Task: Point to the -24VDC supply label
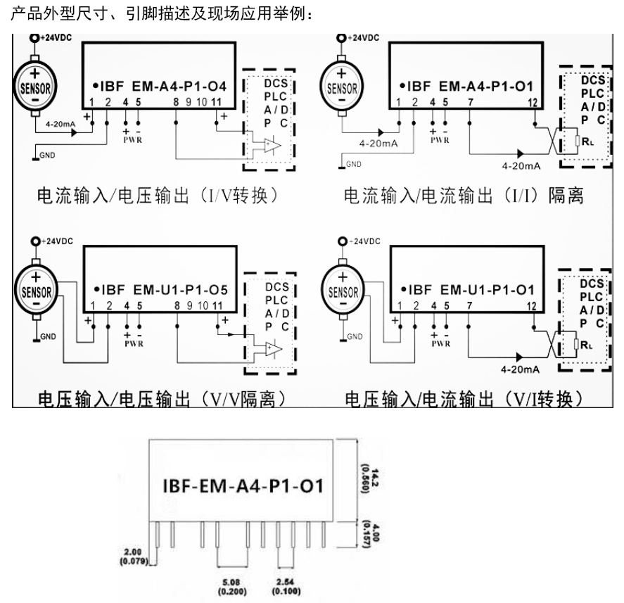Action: point(364,241)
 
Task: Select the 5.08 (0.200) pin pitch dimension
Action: point(234,585)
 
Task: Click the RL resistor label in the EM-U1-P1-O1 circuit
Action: point(590,345)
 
